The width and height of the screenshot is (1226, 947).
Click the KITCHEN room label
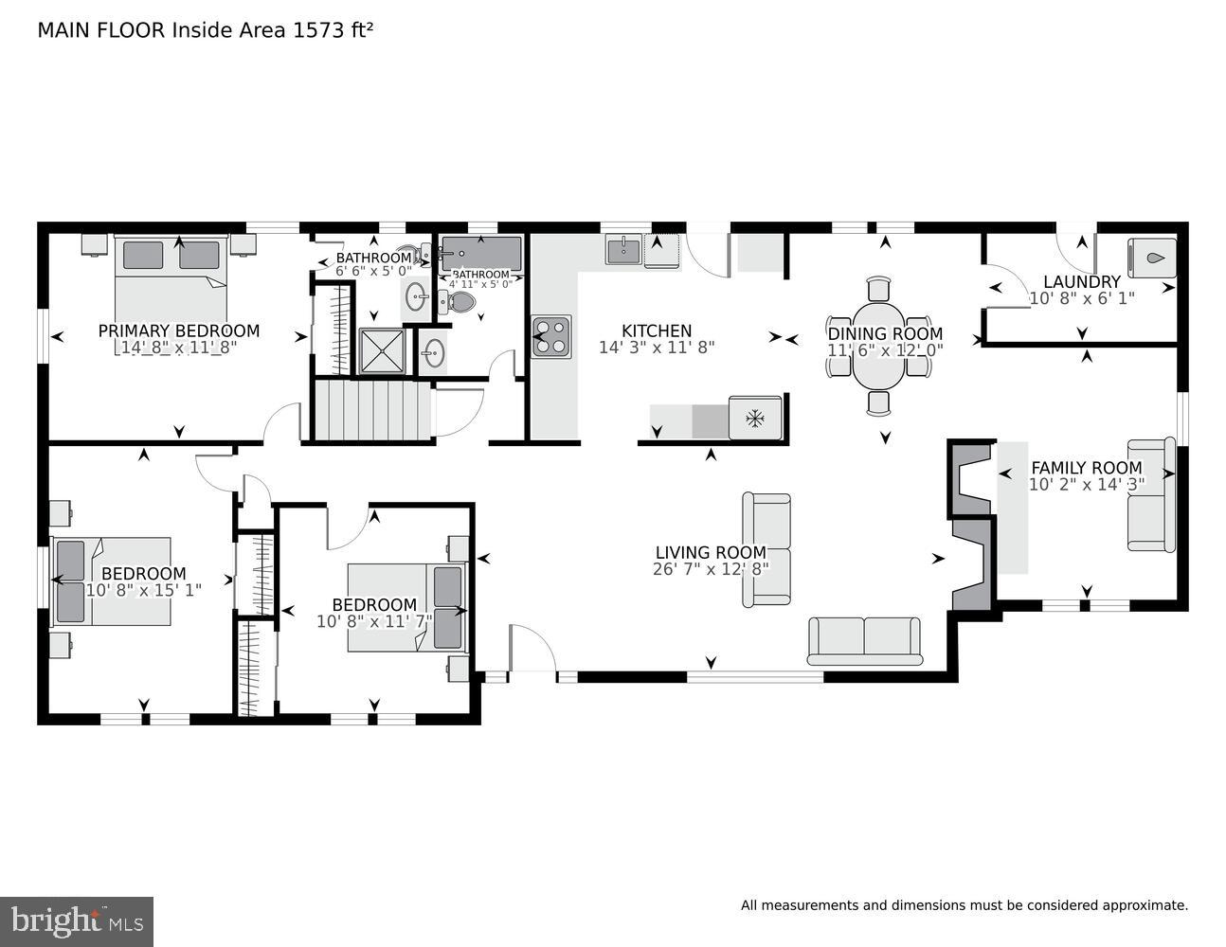click(x=656, y=331)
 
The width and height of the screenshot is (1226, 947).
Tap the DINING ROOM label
click(x=885, y=333)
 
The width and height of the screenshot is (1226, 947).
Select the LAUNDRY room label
click(x=1081, y=281)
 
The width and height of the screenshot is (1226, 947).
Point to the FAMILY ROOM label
click(x=1086, y=468)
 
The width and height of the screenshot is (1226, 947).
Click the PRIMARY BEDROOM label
click(x=178, y=331)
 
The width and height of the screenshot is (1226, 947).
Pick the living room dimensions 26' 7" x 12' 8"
click(x=710, y=569)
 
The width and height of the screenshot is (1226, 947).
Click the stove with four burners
click(x=551, y=336)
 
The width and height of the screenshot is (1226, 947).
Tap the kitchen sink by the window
click(x=622, y=250)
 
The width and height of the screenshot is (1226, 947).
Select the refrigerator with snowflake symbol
click(x=755, y=418)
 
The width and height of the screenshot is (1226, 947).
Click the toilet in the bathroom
click(x=460, y=302)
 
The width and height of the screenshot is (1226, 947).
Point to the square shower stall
click(x=382, y=351)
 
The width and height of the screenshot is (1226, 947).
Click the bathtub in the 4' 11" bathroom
click(x=480, y=253)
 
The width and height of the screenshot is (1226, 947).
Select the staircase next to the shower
click(x=372, y=409)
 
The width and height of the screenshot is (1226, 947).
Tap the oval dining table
click(x=879, y=346)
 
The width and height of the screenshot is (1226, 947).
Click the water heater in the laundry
click(x=1152, y=258)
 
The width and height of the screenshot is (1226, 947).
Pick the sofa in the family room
click(x=1151, y=494)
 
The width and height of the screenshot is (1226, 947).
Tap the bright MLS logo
click(x=76, y=921)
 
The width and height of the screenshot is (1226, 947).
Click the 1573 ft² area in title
click(x=331, y=30)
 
